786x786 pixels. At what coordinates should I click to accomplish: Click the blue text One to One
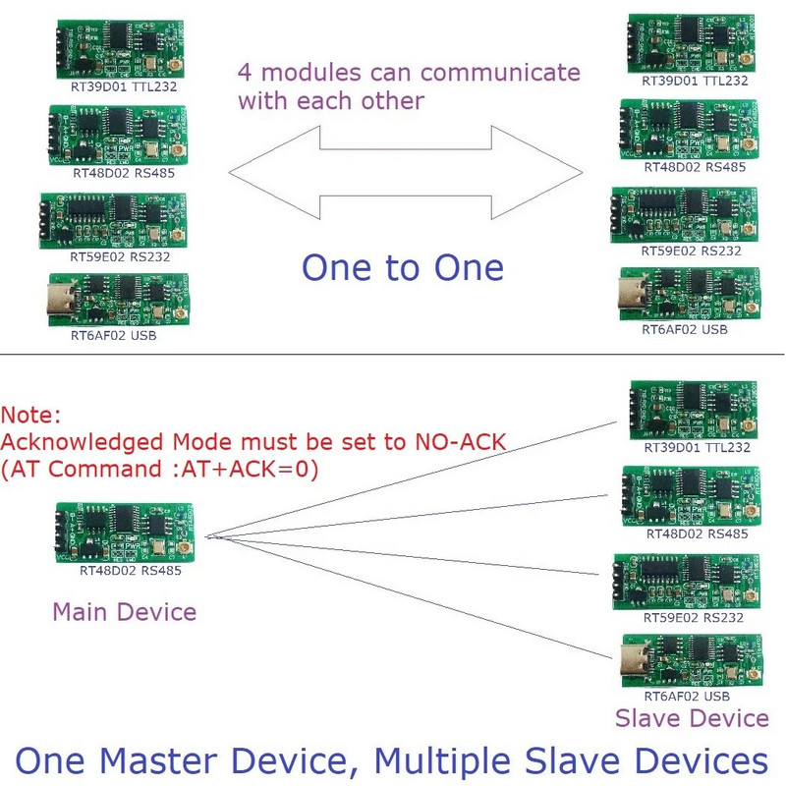tap(402, 267)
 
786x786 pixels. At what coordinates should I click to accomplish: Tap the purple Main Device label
tap(124, 612)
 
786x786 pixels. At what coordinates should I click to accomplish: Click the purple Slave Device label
tap(692, 718)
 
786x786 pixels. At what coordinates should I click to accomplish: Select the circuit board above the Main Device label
tap(124, 532)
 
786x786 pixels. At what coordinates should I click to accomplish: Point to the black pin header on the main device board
tap(60, 530)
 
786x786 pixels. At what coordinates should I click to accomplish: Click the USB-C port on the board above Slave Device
tap(631, 663)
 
